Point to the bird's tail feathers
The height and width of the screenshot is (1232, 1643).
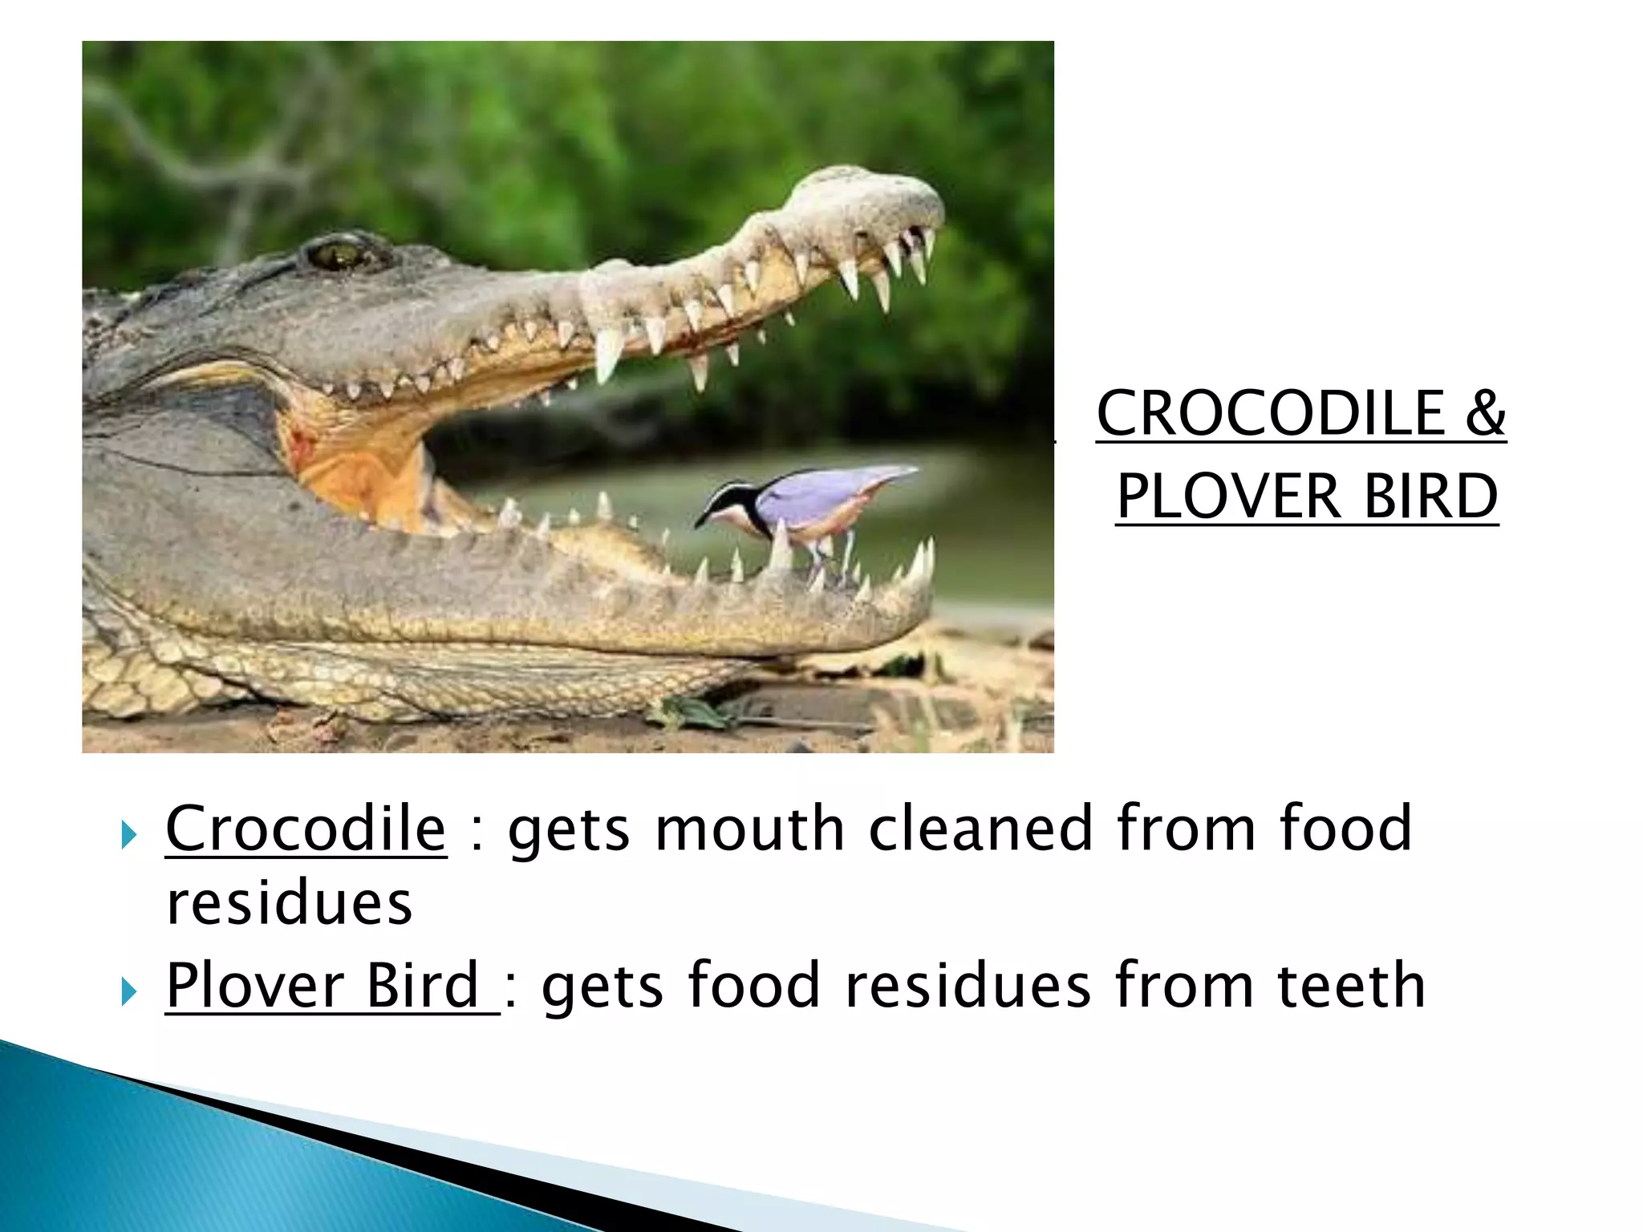[x=890, y=475]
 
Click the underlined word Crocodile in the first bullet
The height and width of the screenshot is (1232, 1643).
[x=306, y=829]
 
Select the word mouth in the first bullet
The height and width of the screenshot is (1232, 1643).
[x=750, y=829]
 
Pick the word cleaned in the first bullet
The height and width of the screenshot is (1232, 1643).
[x=981, y=829]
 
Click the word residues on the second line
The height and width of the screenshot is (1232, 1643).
[x=289, y=903]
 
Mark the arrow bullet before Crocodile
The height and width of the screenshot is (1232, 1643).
[x=128, y=836]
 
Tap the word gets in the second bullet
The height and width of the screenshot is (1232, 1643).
[x=602, y=987]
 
